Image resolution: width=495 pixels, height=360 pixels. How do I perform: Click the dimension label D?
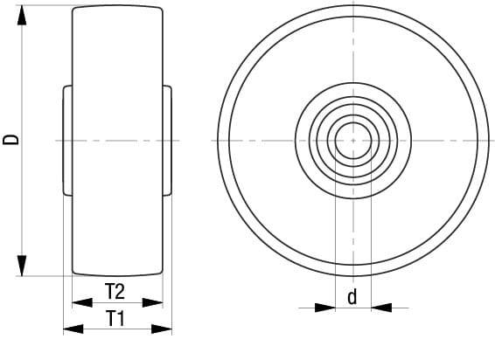click(x=10, y=140)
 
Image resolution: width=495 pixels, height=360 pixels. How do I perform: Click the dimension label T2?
click(x=116, y=291)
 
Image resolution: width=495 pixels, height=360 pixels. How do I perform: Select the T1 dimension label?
click(x=116, y=319)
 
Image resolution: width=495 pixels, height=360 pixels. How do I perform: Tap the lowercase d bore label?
click(x=352, y=297)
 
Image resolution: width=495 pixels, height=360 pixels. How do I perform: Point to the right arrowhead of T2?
click(x=153, y=302)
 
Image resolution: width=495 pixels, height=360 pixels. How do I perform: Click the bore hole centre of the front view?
click(x=352, y=140)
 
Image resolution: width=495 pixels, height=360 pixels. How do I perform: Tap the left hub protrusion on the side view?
click(x=67, y=140)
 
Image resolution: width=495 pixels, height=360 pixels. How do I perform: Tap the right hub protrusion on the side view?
click(x=167, y=140)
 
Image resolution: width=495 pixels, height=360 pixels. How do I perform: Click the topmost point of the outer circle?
click(x=352, y=4)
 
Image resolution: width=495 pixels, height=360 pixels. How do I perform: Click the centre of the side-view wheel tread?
click(x=117, y=140)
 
